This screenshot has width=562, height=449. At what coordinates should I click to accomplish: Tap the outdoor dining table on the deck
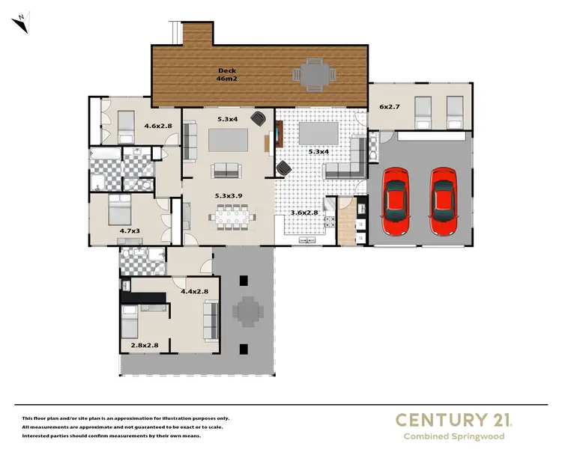point(312,73)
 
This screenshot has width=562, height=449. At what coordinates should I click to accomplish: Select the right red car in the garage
point(443,200)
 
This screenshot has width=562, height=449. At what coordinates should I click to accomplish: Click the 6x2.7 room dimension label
point(390,107)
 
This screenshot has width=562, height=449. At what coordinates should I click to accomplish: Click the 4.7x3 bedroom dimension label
point(130,231)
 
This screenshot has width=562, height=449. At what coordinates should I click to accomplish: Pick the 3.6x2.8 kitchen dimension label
point(304,213)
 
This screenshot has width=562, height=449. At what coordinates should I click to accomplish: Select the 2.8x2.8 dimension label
point(144,345)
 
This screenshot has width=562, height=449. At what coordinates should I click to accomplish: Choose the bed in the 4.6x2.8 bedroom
point(124,124)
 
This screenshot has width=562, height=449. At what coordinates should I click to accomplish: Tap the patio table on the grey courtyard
point(247,311)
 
